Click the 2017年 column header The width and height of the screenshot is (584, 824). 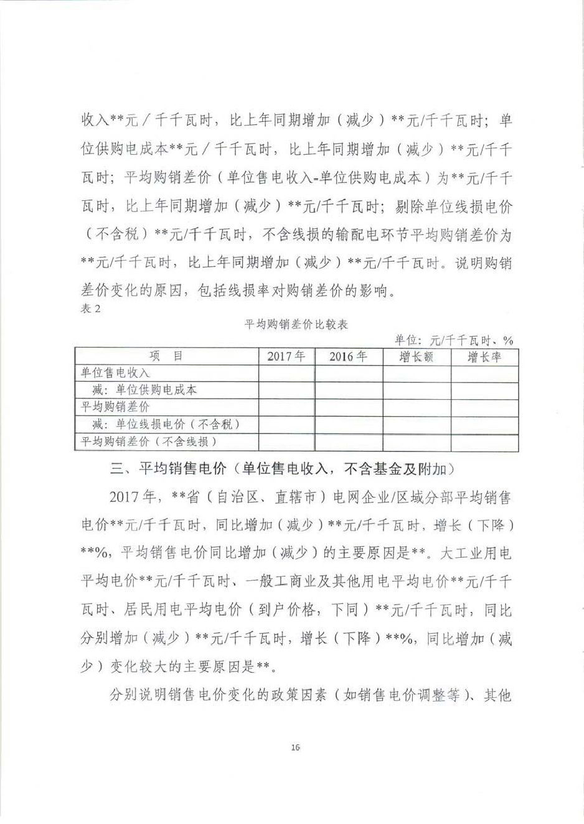(286, 356)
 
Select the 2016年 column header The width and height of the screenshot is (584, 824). (348, 356)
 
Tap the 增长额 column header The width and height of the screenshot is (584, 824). (416, 356)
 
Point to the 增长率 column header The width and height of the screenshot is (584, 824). (484, 356)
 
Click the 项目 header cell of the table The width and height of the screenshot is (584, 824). (166, 356)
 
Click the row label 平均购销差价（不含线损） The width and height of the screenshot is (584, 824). (149, 442)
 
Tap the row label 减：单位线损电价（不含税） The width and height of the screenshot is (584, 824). (166, 424)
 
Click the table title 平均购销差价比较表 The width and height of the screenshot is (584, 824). (296, 324)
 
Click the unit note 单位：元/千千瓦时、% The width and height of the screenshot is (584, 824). (453, 340)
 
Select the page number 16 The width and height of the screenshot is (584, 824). (295, 748)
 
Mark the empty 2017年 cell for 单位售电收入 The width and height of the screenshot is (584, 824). (286, 373)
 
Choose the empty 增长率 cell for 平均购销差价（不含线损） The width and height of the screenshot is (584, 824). (484, 442)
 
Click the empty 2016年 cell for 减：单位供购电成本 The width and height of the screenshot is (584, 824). (348, 390)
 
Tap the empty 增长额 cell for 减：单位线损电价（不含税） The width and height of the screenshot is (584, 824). (416, 424)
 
